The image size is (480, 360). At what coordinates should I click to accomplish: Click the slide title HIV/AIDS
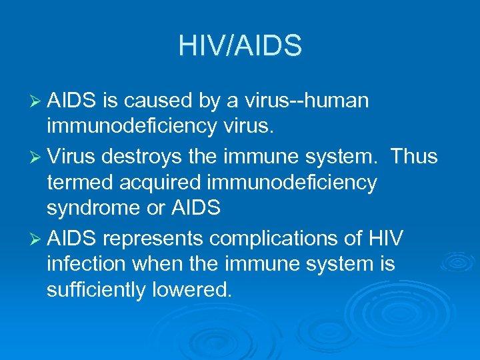(x=240, y=45)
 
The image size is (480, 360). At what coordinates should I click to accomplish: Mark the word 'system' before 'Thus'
(x=332, y=158)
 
